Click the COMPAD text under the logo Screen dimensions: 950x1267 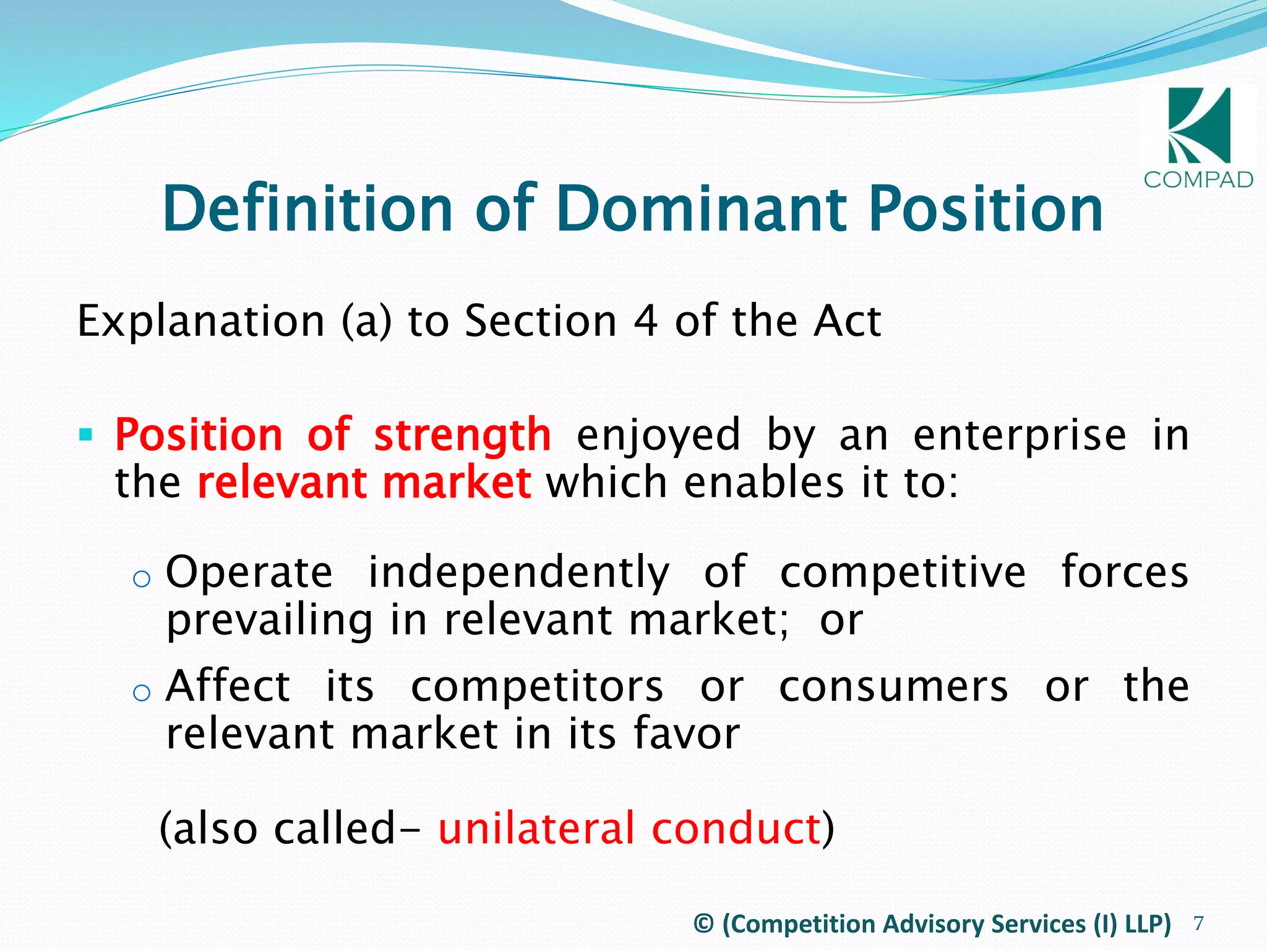(1198, 180)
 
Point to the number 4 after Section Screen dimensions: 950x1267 (645, 322)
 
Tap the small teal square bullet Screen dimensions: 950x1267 (85, 434)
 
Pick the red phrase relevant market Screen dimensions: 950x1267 (364, 483)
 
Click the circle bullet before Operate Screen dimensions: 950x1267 (142, 579)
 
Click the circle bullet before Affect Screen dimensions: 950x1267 (142, 693)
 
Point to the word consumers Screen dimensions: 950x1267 (893, 687)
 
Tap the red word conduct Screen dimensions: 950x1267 (736, 829)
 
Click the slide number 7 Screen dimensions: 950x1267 (1198, 923)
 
